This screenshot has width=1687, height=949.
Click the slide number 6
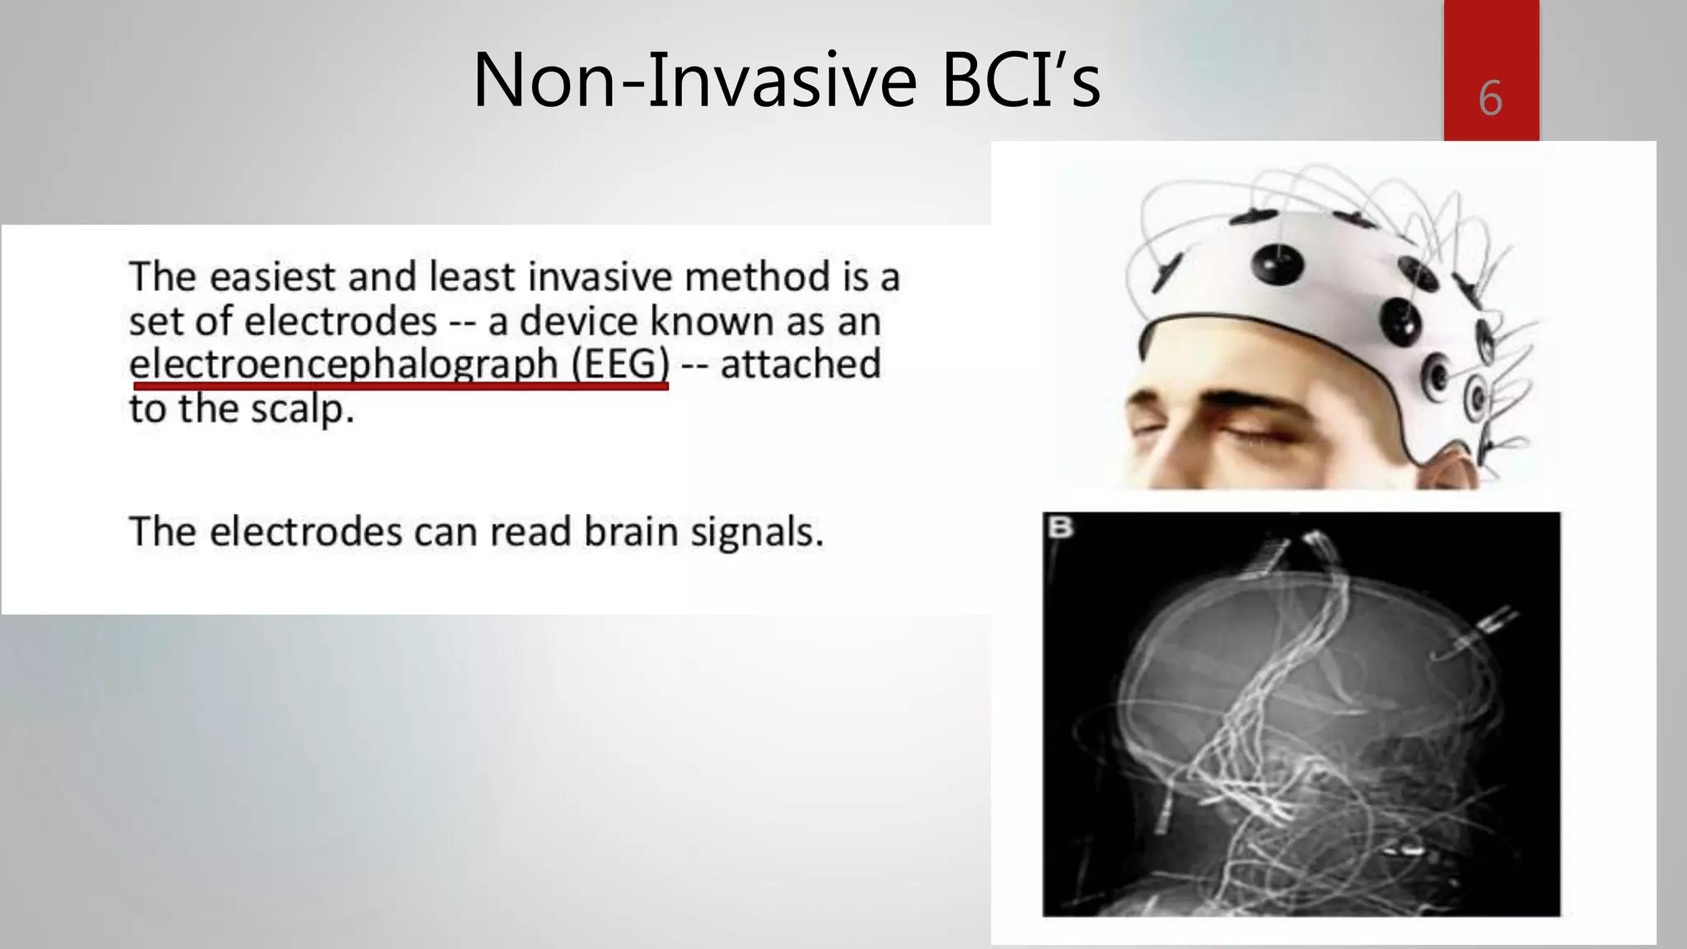1490,99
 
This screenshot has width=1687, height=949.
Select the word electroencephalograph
343,364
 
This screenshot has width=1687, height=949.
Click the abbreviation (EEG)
620,364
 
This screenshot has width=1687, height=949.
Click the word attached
800,364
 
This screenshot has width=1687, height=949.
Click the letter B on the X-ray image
1060,527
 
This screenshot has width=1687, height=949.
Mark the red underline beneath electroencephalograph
400,385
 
